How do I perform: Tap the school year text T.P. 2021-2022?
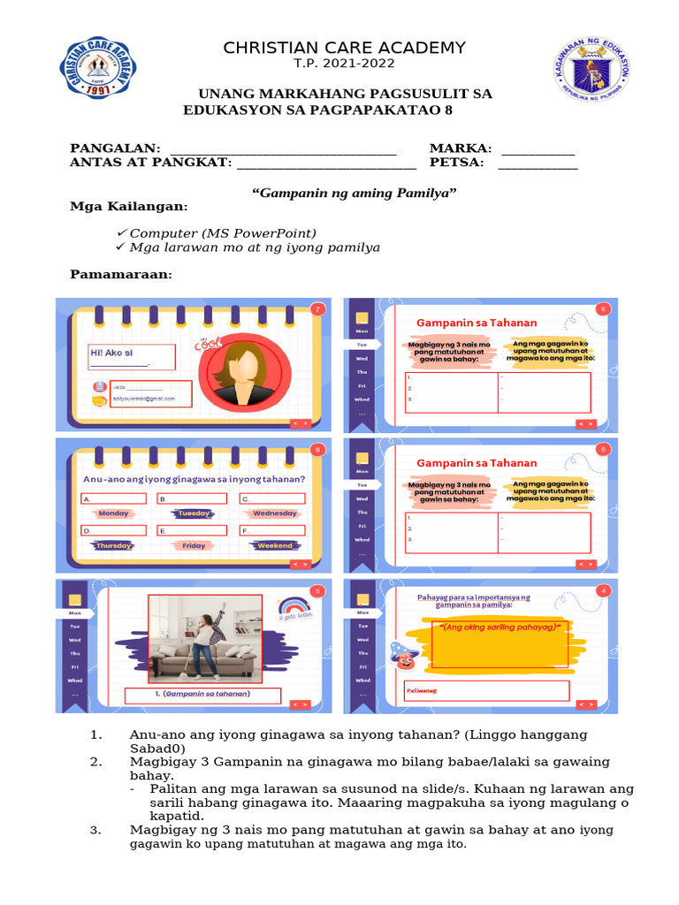pyautogui.click(x=344, y=64)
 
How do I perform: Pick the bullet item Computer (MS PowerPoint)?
pyautogui.click(x=223, y=233)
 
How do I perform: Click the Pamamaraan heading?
pyautogui.click(x=121, y=275)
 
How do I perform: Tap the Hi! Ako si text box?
pyautogui.click(x=132, y=357)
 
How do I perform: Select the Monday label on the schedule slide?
pyautogui.click(x=113, y=513)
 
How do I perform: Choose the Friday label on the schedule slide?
pyautogui.click(x=194, y=546)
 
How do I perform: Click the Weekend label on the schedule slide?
pyautogui.click(x=274, y=546)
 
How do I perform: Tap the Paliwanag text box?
pyautogui.click(x=487, y=690)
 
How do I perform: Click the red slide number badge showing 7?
pyautogui.click(x=317, y=308)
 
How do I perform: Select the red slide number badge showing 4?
pyautogui.click(x=604, y=590)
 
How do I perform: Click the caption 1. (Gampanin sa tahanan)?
pyautogui.click(x=205, y=695)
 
